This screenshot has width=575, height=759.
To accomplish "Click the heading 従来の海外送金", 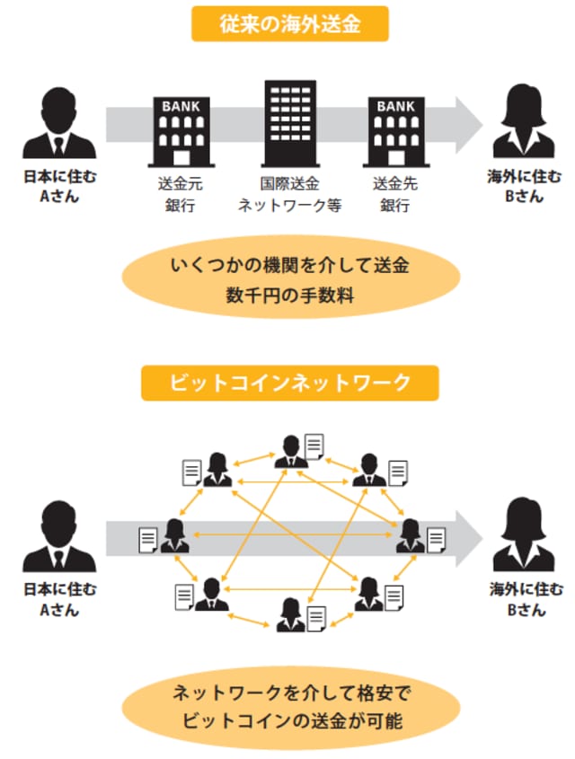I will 289,25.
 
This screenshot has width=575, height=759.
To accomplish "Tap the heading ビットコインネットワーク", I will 289,383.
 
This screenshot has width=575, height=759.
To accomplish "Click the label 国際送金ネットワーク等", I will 289,195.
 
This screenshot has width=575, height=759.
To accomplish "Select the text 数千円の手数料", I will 289,297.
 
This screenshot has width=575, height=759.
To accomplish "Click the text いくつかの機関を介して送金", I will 289,266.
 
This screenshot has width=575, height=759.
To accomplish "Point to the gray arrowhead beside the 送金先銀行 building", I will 466,119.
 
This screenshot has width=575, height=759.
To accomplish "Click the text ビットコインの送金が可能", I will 289,719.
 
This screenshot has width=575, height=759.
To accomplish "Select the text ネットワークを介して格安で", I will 289,693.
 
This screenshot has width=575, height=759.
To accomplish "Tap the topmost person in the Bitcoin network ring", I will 289,450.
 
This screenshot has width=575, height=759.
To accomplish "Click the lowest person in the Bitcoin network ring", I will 289,615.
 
